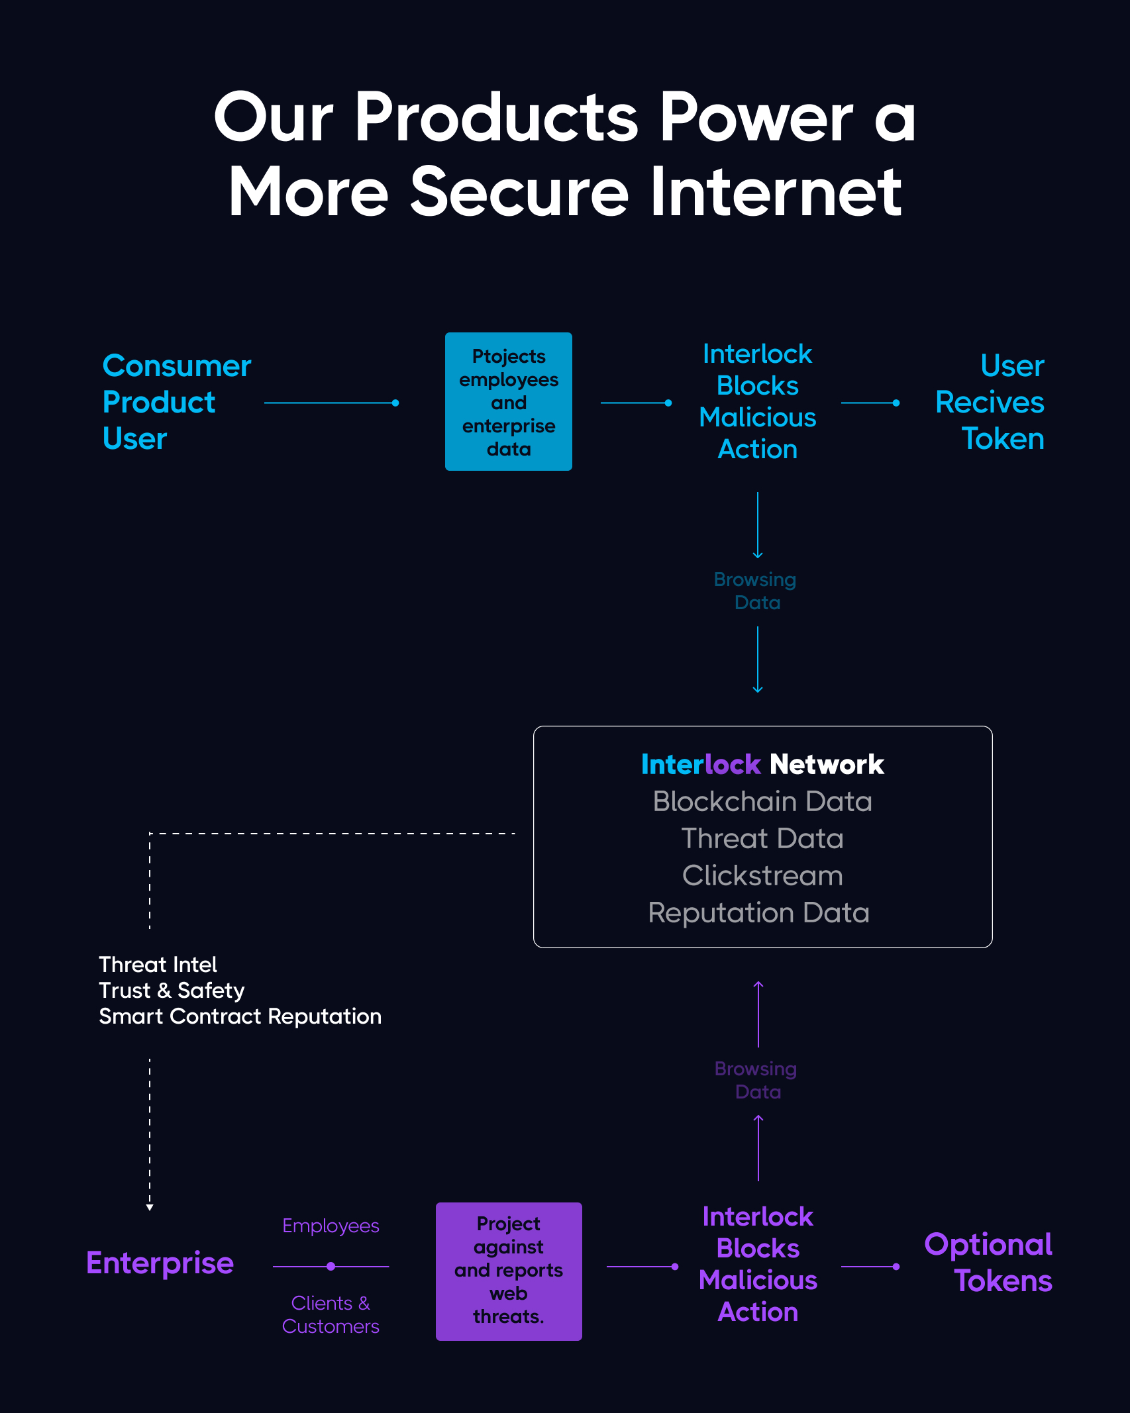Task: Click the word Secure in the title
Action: pyautogui.click(x=519, y=193)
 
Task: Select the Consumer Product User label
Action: pyautogui.click(x=176, y=402)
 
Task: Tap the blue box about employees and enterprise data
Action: pyautogui.click(x=508, y=402)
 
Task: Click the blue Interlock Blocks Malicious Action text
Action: pyautogui.click(x=757, y=402)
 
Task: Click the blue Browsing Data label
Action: pyautogui.click(x=756, y=591)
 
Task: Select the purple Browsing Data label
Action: pyautogui.click(x=756, y=1080)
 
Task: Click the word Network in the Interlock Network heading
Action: pyautogui.click(x=827, y=765)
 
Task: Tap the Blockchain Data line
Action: pyautogui.click(x=762, y=802)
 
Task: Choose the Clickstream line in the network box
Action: pyautogui.click(x=762, y=876)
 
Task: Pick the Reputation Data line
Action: pyautogui.click(x=758, y=913)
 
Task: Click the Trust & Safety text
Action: pyautogui.click(x=172, y=991)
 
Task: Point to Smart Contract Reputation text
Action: pyautogui.click(x=240, y=1016)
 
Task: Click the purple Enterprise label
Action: pyautogui.click(x=160, y=1263)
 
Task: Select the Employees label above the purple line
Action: pyautogui.click(x=331, y=1226)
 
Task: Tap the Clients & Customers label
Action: pyautogui.click(x=331, y=1315)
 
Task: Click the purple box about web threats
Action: pyautogui.click(x=508, y=1271)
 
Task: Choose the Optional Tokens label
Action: pyautogui.click(x=988, y=1263)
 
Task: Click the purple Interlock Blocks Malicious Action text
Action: pyautogui.click(x=758, y=1265)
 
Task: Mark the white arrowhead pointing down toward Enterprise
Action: pyautogui.click(x=150, y=1208)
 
